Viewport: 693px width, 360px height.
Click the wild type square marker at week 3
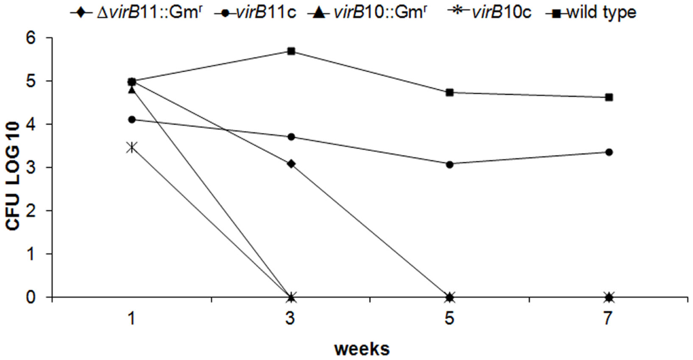tap(291, 51)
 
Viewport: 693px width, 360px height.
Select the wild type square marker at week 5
tap(450, 93)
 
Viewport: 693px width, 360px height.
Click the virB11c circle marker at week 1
tap(132, 120)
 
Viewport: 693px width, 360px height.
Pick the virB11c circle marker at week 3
tap(291, 137)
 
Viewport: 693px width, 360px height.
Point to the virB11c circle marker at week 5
tap(450, 164)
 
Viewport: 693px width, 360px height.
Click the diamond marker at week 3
tap(291, 164)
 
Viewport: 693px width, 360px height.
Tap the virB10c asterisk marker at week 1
tap(132, 147)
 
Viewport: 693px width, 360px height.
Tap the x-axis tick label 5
tap(449, 318)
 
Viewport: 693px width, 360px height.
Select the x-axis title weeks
tap(362, 349)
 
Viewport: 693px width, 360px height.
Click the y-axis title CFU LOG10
tap(13, 176)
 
